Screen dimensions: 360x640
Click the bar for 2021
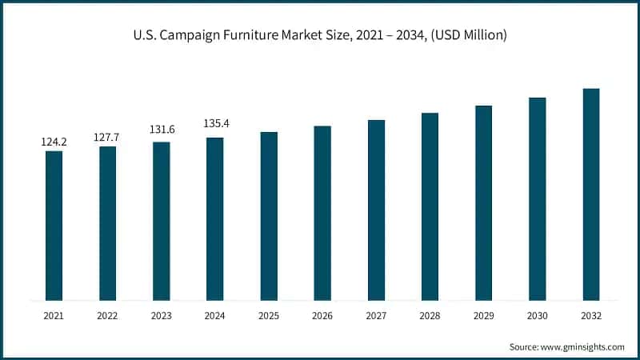(x=54, y=226)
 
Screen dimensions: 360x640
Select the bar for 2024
(x=214, y=219)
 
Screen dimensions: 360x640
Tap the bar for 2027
(x=376, y=210)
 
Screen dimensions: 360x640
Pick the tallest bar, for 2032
(x=590, y=194)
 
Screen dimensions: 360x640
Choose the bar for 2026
(x=322, y=213)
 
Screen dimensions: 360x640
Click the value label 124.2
(x=54, y=142)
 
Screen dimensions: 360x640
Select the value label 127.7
(x=107, y=137)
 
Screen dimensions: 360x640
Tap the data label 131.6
(x=161, y=130)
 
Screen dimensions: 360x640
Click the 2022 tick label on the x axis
(x=107, y=316)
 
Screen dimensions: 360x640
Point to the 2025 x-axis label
(x=269, y=316)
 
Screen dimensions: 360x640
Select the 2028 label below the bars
(x=430, y=316)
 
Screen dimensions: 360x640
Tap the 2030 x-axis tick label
(x=537, y=316)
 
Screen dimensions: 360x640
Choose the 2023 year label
(x=161, y=316)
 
